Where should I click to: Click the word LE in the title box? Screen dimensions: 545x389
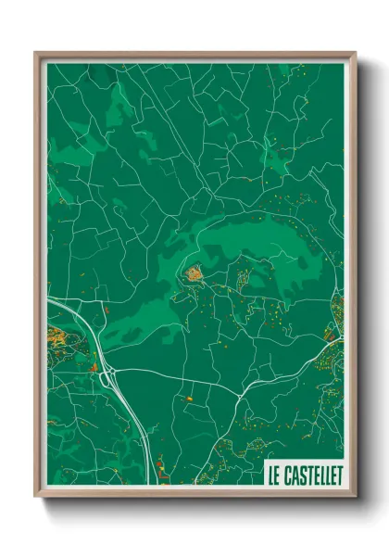(x=273, y=476)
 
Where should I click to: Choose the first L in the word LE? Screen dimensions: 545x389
(x=270, y=476)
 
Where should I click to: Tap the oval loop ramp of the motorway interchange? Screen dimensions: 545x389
(x=109, y=377)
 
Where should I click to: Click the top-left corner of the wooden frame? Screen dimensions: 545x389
(x=36, y=53)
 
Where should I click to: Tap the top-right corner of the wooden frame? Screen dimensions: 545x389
(x=356, y=53)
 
